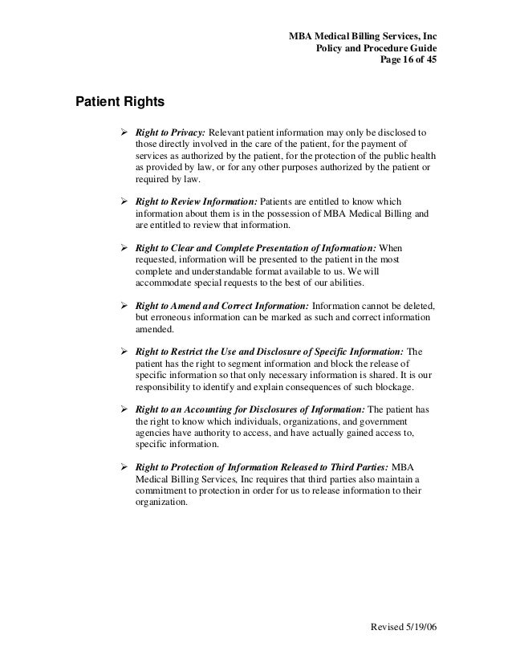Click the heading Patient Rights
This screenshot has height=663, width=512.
120,103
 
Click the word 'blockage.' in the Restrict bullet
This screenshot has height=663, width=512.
394,386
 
